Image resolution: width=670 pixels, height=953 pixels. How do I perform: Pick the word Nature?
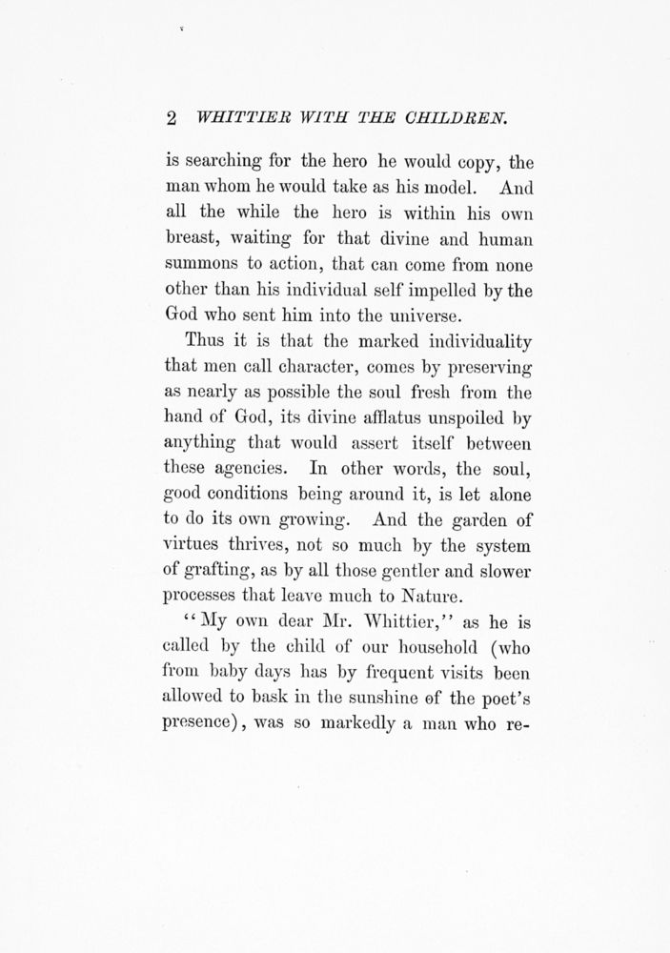[x=430, y=600]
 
